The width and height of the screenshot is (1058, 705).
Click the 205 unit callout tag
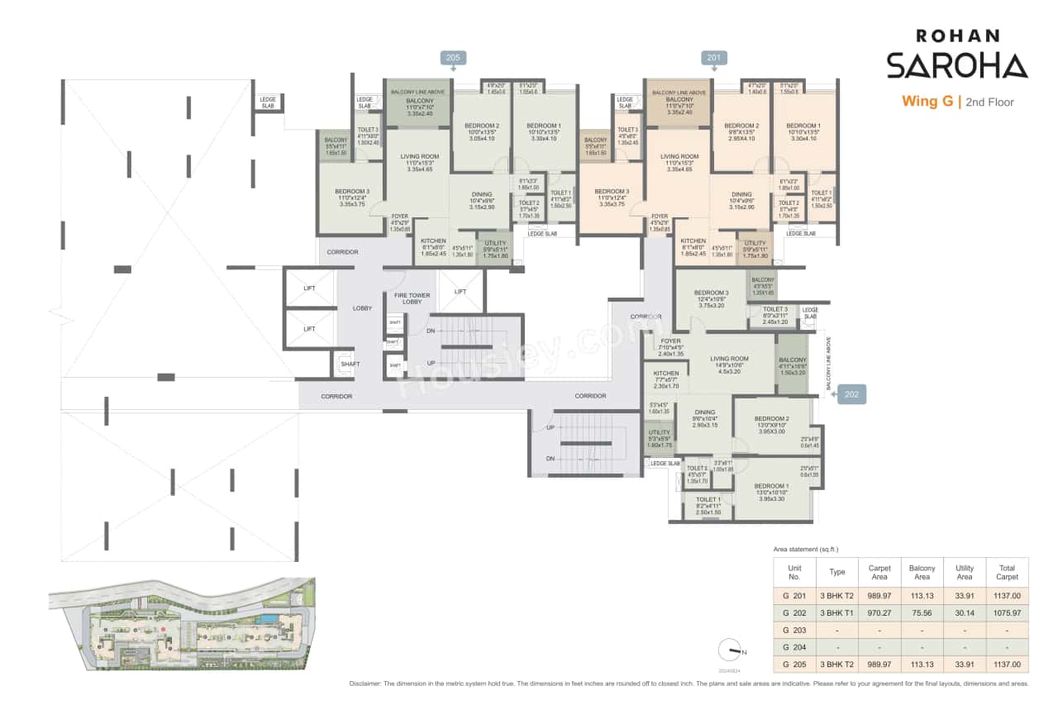(452, 58)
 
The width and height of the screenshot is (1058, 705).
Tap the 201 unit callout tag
(713, 58)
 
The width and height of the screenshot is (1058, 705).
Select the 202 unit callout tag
(852, 395)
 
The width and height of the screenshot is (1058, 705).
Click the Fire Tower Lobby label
(407, 298)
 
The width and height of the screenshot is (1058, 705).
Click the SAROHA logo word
(956, 65)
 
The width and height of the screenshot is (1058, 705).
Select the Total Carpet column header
(1007, 572)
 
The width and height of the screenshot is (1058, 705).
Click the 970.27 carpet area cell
(879, 612)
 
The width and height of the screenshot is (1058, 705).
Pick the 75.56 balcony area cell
(922, 612)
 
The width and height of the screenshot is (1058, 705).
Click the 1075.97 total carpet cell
(1007, 612)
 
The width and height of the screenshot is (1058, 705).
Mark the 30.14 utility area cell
(964, 612)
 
